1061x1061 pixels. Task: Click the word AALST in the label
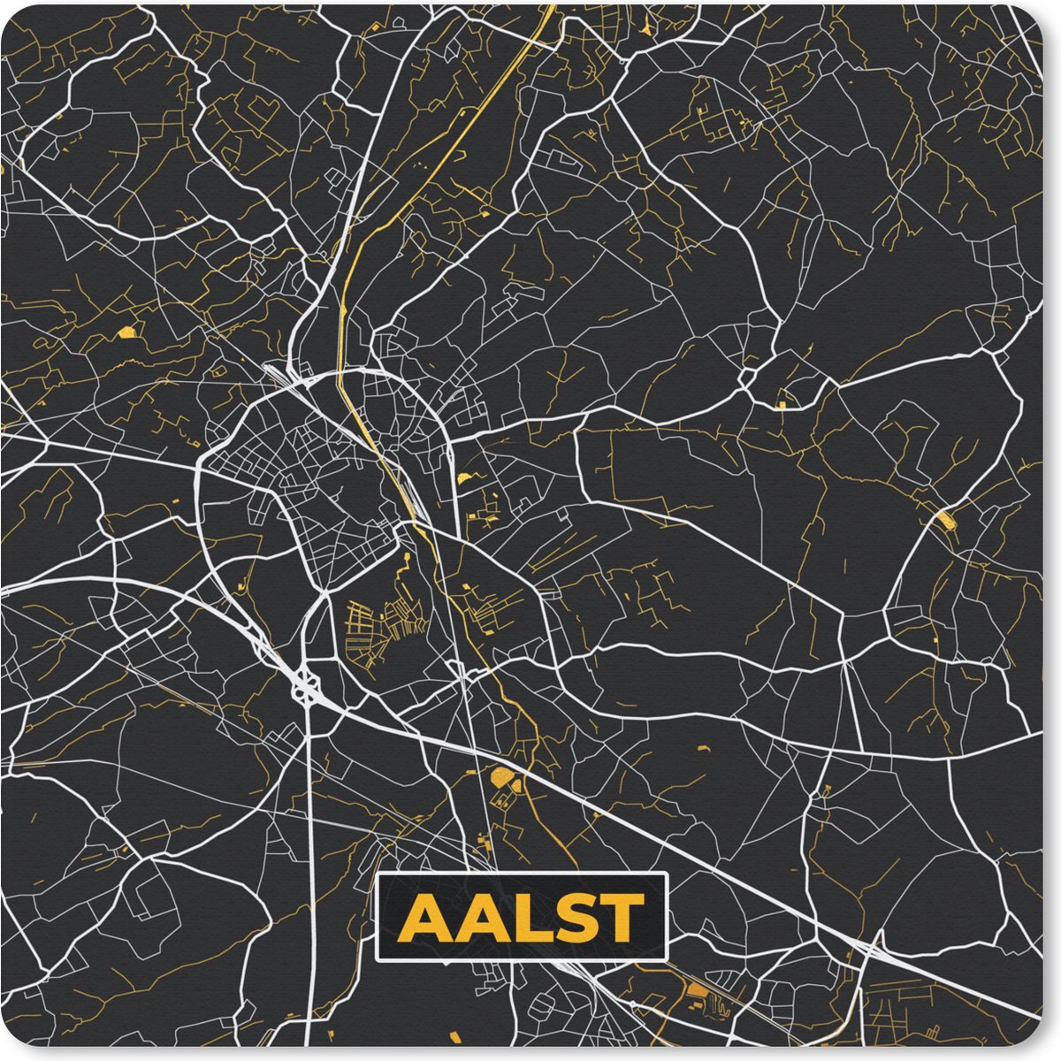pyautogui.click(x=521, y=917)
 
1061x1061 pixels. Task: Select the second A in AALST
pyautogui.click(x=474, y=918)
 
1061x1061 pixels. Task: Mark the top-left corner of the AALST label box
pyautogui.click(x=378, y=874)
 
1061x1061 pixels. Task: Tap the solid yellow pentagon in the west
pyautogui.click(x=127, y=332)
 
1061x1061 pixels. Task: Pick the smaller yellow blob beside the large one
pyautogui.click(x=517, y=782)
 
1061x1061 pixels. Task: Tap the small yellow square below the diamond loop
pyautogui.click(x=782, y=405)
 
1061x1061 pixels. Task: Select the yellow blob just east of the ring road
pyautogui.click(x=463, y=478)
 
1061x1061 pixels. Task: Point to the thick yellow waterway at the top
pyautogui.click(x=460, y=133)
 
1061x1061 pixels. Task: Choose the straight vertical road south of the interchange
pyautogui.click(x=312, y=840)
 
